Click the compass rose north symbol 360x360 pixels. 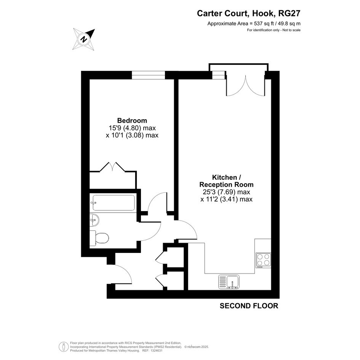pyautogui.click(x=84, y=39)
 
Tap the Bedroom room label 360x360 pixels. pyautogui.click(x=132, y=120)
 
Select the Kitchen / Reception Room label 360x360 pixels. pyautogui.click(x=226, y=181)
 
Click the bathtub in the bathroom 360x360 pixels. pyautogui.click(x=114, y=203)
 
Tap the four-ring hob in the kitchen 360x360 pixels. pyautogui.click(x=263, y=260)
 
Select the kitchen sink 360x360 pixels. pyautogui.click(x=229, y=282)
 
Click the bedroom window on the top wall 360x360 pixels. pyautogui.click(x=148, y=75)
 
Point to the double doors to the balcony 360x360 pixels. pyautogui.click(x=246, y=86)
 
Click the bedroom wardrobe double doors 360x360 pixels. pyautogui.click(x=112, y=167)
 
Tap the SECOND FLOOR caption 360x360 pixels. pyautogui.click(x=249, y=306)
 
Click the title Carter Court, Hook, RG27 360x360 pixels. pyautogui.click(x=249, y=13)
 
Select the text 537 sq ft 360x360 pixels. pyautogui.click(x=262, y=23)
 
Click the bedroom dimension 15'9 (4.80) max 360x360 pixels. pyautogui.click(x=132, y=128)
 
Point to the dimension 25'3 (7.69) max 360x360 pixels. pyautogui.click(x=226, y=192)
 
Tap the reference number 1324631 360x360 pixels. pyautogui.click(x=156, y=350)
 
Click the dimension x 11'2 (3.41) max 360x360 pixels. pyautogui.click(x=226, y=199)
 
